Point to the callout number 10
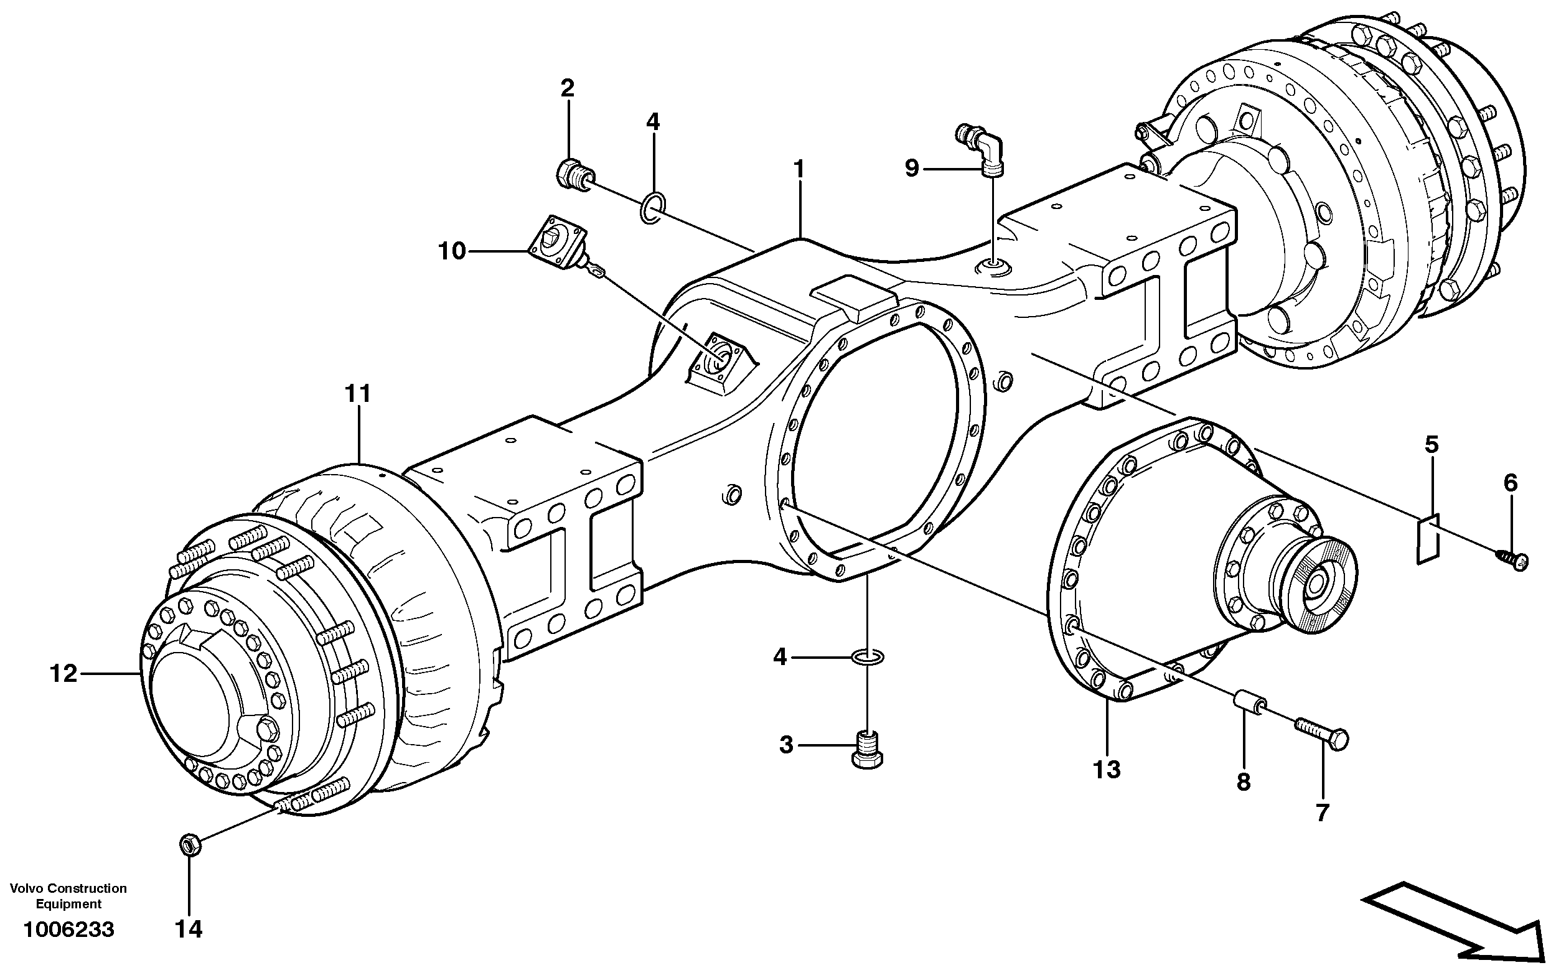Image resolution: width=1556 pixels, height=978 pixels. pos(452,251)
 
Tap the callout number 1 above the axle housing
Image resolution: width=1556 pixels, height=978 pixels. pos(799,169)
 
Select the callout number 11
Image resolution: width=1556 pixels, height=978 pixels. pos(357,393)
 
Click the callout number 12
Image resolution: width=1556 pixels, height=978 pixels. pos(64,674)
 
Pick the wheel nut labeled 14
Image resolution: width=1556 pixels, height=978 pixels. pos(188,844)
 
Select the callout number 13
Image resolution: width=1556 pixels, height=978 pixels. pos(1106,770)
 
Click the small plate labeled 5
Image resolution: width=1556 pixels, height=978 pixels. pos(1428,539)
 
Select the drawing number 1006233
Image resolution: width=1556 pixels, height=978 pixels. pos(68,929)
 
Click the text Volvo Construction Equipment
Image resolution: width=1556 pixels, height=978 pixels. pos(68,895)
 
